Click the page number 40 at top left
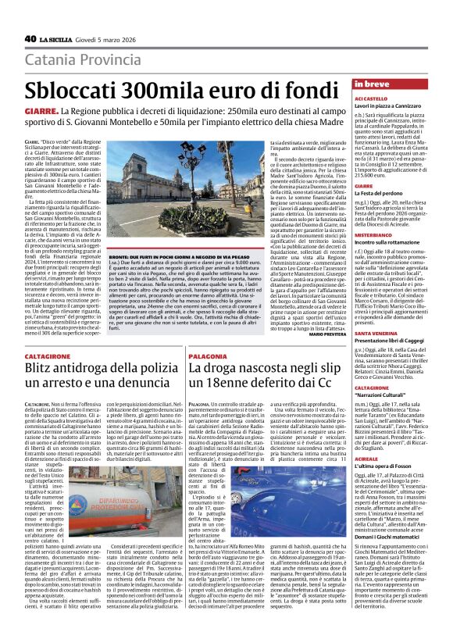point(30,38)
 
